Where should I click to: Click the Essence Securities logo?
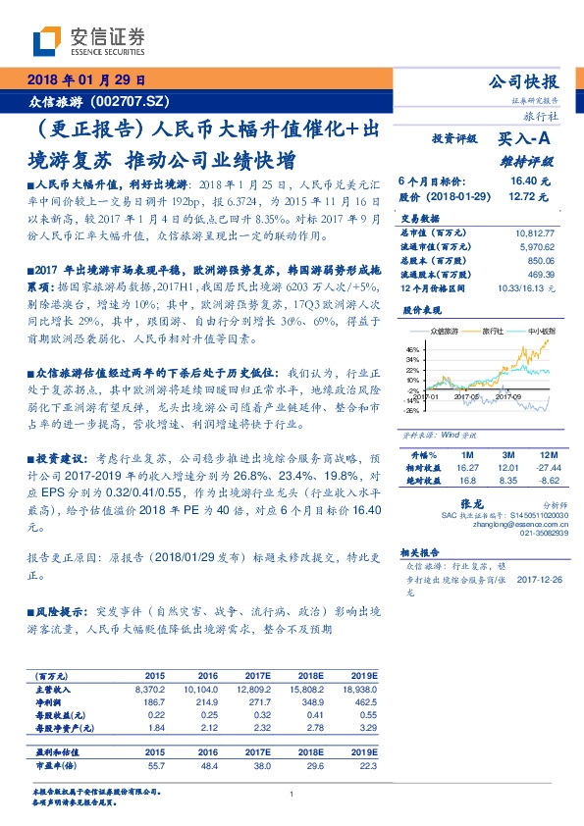[x=89, y=40]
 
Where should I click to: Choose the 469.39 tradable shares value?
[x=540, y=277]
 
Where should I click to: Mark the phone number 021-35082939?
[x=546, y=534]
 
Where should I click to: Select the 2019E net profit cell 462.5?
[x=362, y=703]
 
